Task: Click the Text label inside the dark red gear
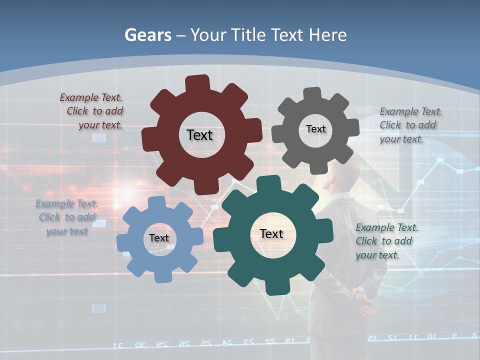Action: tap(199, 135)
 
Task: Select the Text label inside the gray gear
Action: tap(315, 129)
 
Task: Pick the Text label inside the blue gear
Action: tap(159, 238)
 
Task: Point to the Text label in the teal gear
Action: tap(271, 233)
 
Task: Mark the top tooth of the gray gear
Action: tap(312, 94)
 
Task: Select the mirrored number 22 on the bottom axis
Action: tap(270, 341)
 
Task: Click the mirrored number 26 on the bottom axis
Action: tap(184, 343)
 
